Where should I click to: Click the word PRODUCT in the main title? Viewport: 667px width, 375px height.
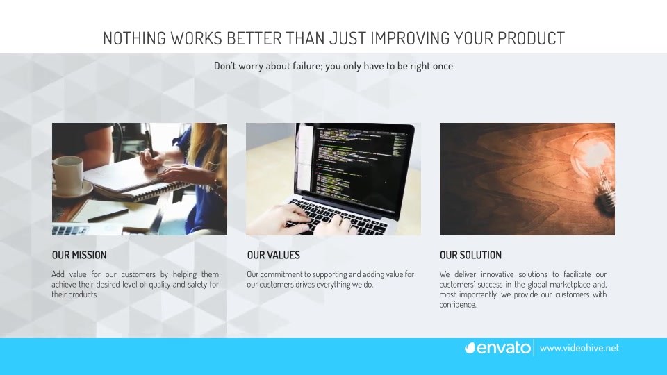pyautogui.click(x=531, y=38)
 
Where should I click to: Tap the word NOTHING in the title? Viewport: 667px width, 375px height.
pyautogui.click(x=134, y=38)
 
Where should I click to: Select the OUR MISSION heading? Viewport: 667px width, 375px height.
pyautogui.click(x=79, y=255)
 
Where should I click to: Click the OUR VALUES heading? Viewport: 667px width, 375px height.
pyautogui.click(x=274, y=255)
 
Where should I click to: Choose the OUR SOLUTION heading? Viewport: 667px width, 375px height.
pyautogui.click(x=470, y=255)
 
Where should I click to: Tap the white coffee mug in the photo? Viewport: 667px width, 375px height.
pyautogui.click(x=67, y=175)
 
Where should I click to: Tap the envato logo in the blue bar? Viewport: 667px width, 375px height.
pyautogui.click(x=497, y=348)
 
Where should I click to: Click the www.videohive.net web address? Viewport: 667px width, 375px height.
pyautogui.click(x=579, y=348)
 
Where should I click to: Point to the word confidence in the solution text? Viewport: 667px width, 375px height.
pyautogui.click(x=458, y=305)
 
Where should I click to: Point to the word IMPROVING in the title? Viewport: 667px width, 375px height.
pyautogui.click(x=410, y=38)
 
